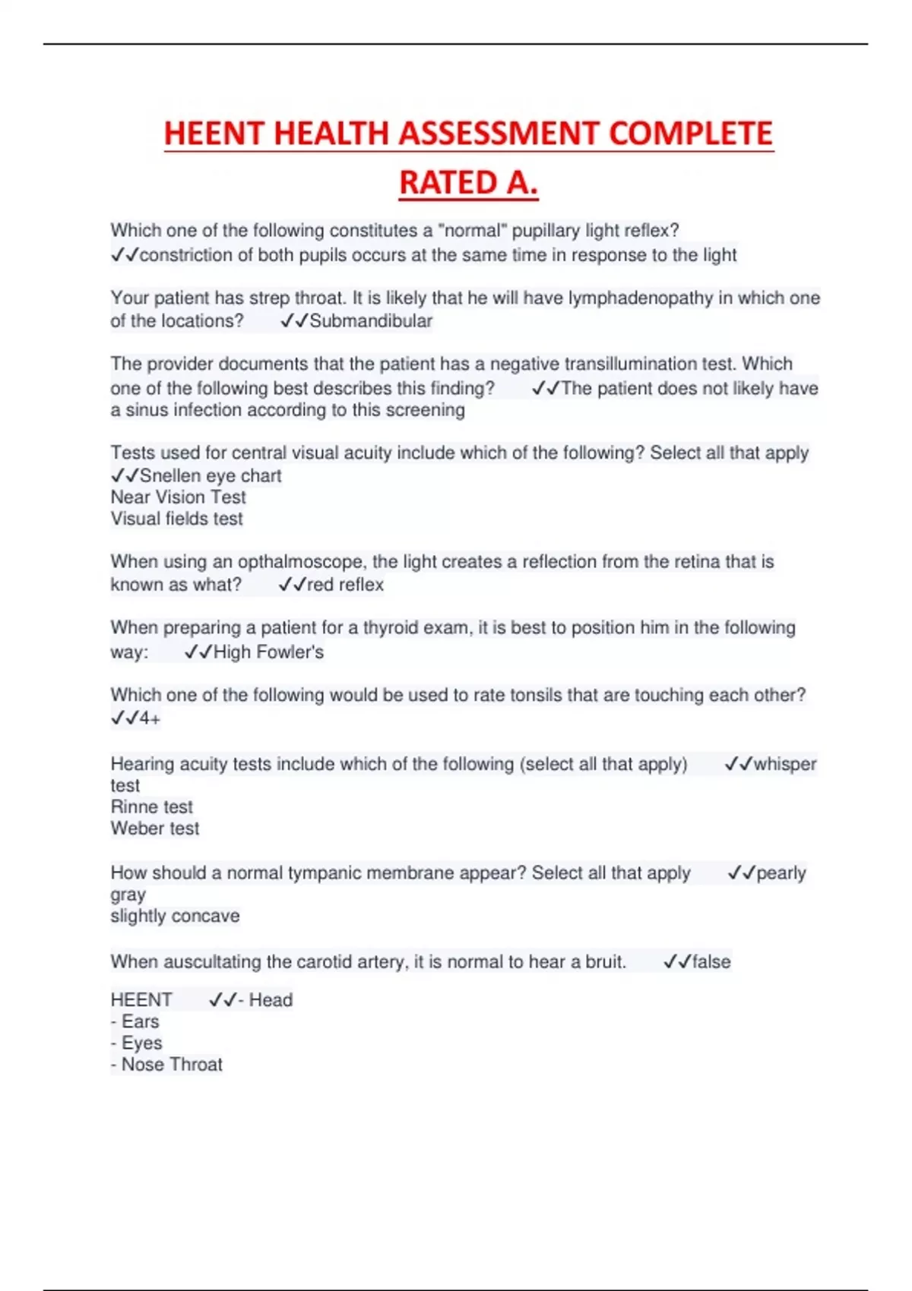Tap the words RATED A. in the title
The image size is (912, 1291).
tap(468, 183)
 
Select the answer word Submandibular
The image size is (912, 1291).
tap(371, 321)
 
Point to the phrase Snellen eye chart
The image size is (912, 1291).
tap(211, 476)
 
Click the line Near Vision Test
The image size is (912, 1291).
tap(178, 497)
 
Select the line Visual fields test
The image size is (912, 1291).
tap(176, 519)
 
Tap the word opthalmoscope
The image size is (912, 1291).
tap(302, 562)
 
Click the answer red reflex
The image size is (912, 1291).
tap(345, 585)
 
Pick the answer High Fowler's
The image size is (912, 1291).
tap(268, 652)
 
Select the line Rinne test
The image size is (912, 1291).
tap(151, 807)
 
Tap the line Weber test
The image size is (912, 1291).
tap(154, 829)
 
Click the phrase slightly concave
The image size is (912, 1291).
tap(175, 916)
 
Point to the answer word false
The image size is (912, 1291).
tap(711, 962)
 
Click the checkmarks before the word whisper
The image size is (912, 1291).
tap(738, 764)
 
